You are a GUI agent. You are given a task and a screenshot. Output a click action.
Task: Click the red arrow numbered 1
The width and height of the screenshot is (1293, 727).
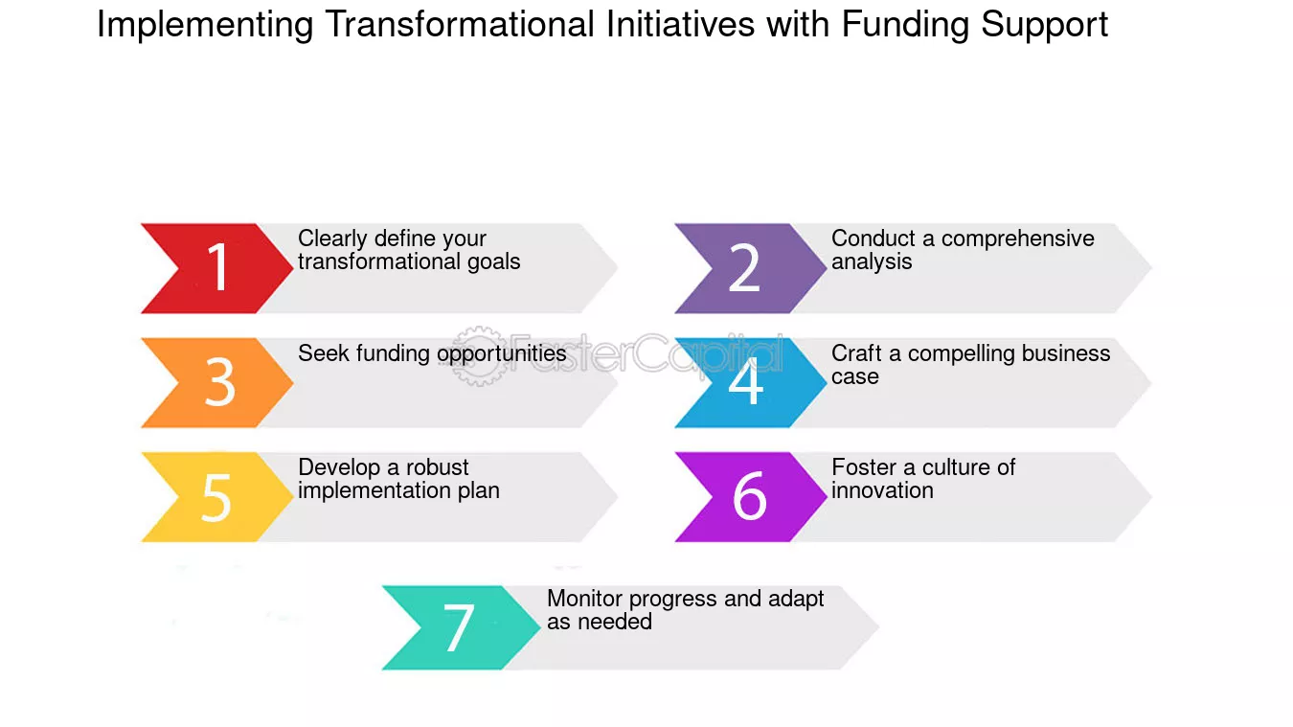[216, 268]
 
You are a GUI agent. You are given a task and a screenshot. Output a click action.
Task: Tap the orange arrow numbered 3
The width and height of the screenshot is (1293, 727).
[218, 383]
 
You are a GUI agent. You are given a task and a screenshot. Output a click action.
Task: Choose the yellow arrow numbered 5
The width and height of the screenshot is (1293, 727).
[216, 497]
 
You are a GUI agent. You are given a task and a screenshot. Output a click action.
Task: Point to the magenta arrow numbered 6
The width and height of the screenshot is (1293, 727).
[749, 497]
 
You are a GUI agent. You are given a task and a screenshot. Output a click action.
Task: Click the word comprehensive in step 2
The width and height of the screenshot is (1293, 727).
[1017, 239]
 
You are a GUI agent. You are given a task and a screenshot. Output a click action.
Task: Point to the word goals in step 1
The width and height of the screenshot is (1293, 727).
[494, 262]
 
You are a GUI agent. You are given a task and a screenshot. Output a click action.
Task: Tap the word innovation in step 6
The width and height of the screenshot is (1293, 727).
[882, 490]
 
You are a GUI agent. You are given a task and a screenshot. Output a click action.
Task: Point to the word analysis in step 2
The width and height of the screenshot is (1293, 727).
[872, 262]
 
